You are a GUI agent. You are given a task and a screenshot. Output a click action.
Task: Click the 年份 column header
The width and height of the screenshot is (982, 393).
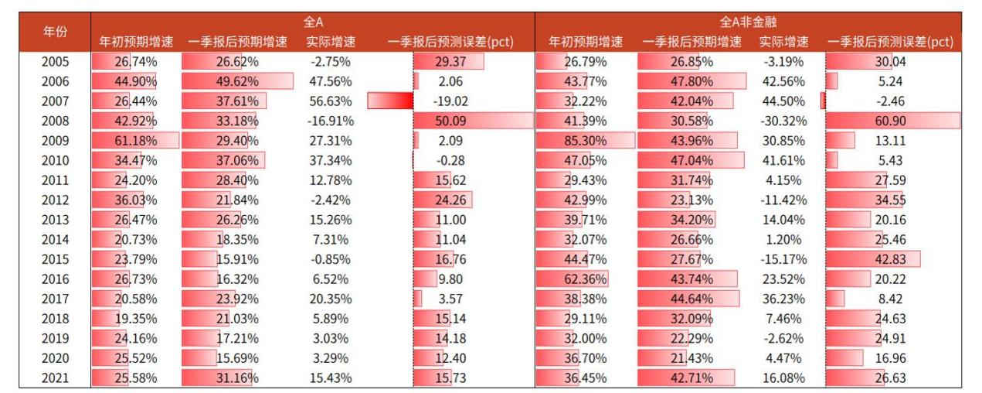coord(54,32)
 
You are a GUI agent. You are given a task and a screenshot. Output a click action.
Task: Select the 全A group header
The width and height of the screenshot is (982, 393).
coord(312,23)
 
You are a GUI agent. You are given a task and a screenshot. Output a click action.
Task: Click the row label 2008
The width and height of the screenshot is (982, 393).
coord(54,121)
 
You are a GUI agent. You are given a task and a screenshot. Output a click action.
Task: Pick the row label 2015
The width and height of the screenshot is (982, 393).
coord(54,259)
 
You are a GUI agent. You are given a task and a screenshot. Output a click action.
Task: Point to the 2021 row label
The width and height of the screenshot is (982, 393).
coord(54,378)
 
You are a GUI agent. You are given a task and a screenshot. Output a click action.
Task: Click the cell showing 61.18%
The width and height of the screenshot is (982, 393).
coord(135,141)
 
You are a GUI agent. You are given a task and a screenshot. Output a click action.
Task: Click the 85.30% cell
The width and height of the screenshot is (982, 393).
coord(585,141)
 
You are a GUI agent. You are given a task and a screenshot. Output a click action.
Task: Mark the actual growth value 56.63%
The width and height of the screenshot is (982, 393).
coord(329,101)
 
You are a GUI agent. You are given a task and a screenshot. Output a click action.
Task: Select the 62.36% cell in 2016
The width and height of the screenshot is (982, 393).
coord(585,279)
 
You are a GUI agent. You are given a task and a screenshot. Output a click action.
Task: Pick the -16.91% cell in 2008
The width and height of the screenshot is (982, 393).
coord(329,121)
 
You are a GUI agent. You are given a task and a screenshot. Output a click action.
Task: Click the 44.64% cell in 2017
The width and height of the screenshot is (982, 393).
coord(691,299)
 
